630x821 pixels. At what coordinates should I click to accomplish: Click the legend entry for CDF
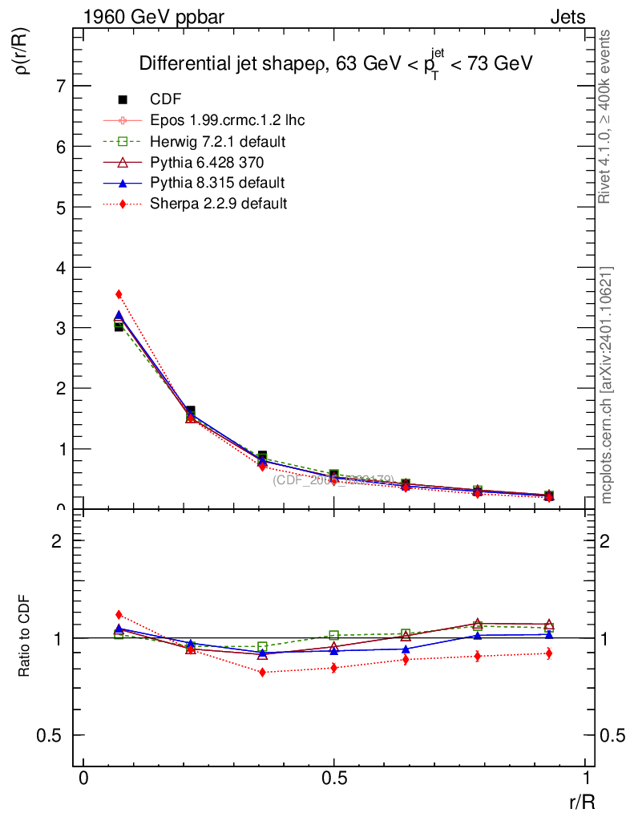[x=166, y=99]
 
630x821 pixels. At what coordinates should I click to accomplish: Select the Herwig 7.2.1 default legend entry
[x=218, y=141]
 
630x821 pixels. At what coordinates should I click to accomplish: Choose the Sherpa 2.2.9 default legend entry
[x=218, y=204]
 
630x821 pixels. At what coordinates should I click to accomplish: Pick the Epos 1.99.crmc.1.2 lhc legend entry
[x=227, y=120]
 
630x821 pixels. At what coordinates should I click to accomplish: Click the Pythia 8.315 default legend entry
[x=217, y=183]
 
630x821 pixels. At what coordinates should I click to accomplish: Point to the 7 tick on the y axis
[x=60, y=86]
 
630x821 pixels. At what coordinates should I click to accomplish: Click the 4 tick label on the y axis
[x=60, y=267]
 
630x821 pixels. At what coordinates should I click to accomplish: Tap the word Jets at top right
[x=567, y=17]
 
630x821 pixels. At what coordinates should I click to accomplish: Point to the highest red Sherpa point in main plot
[x=119, y=294]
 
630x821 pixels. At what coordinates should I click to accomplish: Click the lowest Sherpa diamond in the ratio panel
[x=262, y=672]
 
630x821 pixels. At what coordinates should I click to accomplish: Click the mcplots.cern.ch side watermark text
[x=607, y=385]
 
